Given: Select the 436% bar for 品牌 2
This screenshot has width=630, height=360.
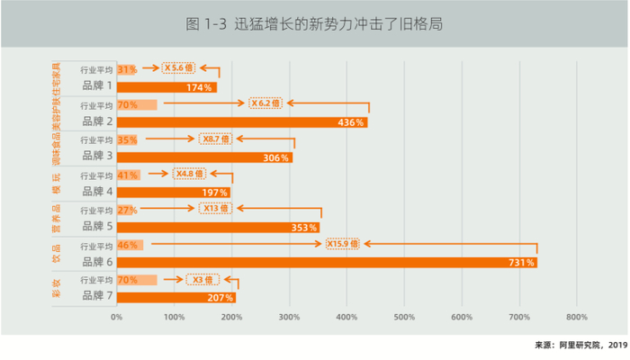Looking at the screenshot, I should [x=242, y=121].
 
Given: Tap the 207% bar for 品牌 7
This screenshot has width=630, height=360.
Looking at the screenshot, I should [x=175, y=297].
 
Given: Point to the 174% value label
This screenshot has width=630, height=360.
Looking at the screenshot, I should [x=199, y=87].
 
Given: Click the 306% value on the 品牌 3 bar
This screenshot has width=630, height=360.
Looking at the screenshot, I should [x=275, y=157].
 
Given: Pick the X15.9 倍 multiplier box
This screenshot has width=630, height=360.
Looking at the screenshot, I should [x=343, y=244].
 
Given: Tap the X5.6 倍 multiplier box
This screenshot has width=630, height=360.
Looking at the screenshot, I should [x=179, y=68].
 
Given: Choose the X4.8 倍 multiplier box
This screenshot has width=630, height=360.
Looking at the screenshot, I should [x=189, y=174].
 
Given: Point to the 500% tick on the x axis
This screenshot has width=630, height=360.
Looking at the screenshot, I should [x=404, y=317].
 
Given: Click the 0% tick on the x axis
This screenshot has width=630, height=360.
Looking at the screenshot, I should [x=116, y=317].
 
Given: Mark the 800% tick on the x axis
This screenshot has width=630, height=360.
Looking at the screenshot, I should [x=577, y=317].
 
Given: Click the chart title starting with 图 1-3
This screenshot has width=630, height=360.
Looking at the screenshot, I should [x=314, y=24].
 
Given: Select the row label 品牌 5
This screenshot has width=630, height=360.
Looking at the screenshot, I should [x=97, y=227].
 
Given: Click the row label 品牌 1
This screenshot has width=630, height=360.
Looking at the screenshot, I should [x=97, y=86].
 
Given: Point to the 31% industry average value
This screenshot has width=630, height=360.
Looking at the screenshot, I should [x=127, y=69].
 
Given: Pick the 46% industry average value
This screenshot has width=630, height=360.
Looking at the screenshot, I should [x=127, y=245].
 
